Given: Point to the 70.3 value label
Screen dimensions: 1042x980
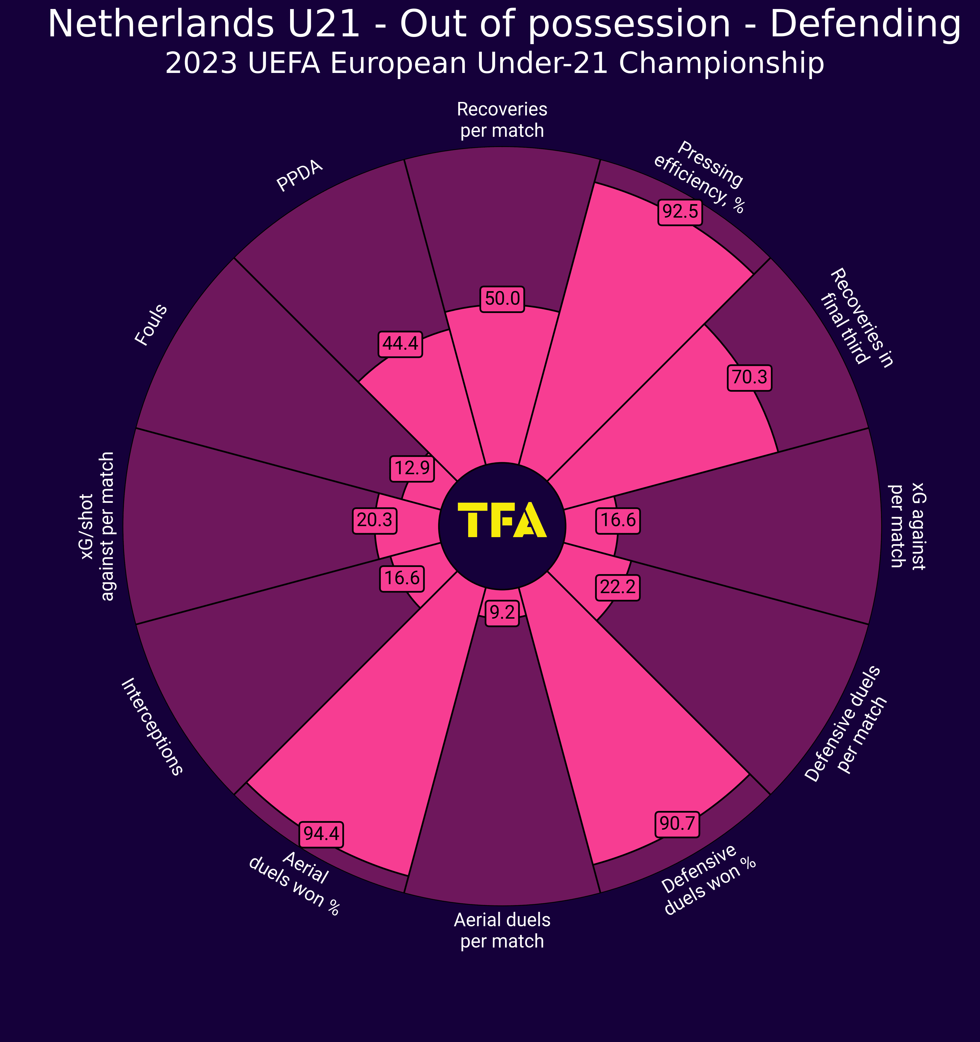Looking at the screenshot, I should (749, 377).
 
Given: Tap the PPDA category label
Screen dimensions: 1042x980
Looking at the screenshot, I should (300, 177).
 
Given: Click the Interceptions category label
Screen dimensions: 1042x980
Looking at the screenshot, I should (152, 727).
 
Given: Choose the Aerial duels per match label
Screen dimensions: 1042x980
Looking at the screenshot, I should (502, 930).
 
